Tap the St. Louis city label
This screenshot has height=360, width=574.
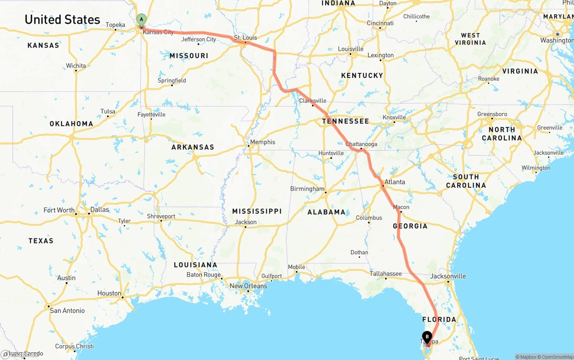(245, 38)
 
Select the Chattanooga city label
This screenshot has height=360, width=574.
(361, 144)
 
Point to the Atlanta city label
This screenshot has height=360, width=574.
(395, 182)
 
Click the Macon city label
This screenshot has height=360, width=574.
(401, 207)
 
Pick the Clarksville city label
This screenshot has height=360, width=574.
(313, 101)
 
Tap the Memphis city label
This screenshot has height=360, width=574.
(263, 142)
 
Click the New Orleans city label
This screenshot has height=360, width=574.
(248, 286)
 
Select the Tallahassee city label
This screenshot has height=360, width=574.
(386, 273)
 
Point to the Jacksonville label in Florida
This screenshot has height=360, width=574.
(448, 276)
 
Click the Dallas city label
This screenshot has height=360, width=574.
(100, 209)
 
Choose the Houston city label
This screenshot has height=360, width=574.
(109, 293)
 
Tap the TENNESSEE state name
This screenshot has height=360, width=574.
(345, 121)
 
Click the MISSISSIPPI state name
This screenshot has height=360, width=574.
(257, 211)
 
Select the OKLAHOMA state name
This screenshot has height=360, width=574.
(71, 124)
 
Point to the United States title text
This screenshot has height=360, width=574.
(62, 20)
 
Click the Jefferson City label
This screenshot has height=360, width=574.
(199, 39)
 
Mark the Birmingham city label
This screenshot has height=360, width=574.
(307, 189)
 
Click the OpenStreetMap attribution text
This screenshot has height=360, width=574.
(556, 357)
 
